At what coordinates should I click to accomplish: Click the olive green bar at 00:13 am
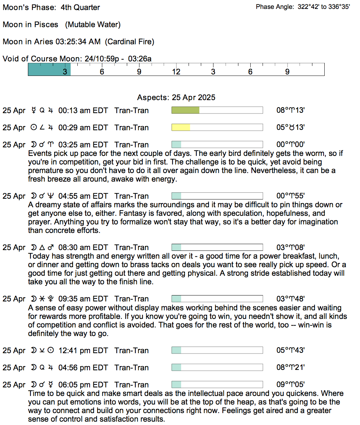point(185,110)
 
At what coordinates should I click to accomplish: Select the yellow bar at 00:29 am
point(181,127)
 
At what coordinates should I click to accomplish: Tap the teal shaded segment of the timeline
point(49,69)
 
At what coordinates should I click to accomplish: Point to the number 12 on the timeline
point(176,72)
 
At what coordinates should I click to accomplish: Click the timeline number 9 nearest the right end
point(287,72)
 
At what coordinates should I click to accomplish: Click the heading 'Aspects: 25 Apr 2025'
point(176,98)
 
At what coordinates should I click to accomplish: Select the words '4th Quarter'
point(80,7)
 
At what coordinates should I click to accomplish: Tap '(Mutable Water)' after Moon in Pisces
point(93,25)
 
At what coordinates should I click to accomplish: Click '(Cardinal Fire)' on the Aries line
point(129,42)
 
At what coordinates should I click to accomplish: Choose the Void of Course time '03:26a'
point(139,59)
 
